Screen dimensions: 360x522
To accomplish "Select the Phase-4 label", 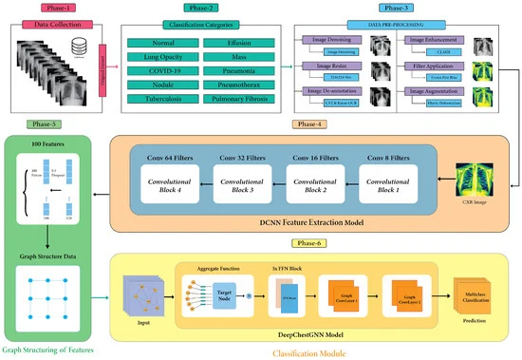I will pos(309,123).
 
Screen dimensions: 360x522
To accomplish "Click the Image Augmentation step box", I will pos(436,90).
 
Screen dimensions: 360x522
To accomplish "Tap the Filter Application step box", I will pos(436,66).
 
